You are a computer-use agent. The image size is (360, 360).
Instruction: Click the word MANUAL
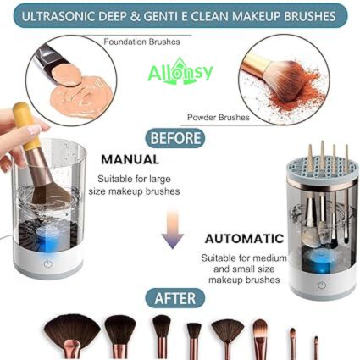[x=130, y=158]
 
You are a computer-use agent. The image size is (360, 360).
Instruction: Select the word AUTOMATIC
[x=244, y=239]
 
